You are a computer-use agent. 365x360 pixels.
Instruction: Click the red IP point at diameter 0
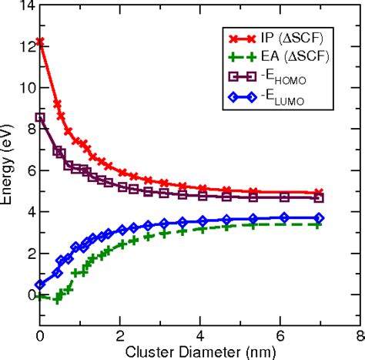click(x=40, y=42)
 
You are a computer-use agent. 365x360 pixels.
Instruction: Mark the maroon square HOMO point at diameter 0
click(x=40, y=117)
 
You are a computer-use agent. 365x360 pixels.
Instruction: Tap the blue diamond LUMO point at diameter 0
click(x=40, y=284)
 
